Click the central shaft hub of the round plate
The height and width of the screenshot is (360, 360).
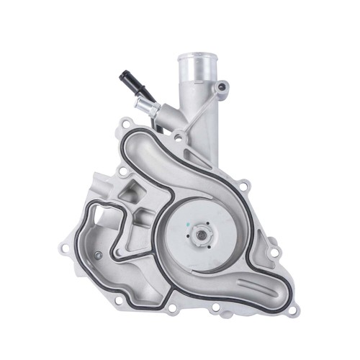tap(199, 234)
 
